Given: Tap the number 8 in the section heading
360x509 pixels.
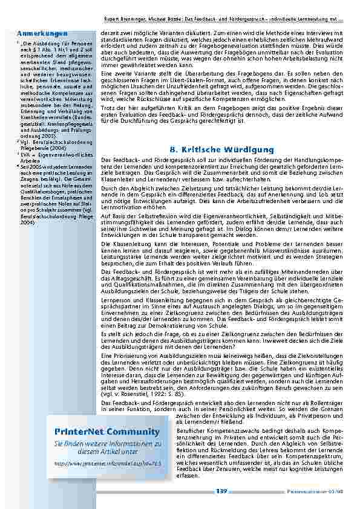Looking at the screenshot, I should [x=172, y=150].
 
